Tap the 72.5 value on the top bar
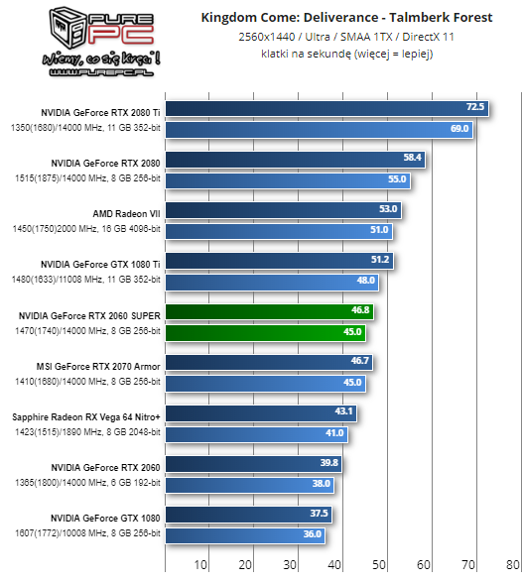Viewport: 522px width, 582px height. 474,107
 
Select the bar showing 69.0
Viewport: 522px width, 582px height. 318,128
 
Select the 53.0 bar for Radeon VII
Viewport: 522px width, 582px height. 282,209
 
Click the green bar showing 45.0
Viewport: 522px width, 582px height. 264,332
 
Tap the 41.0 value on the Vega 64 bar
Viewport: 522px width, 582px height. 334,433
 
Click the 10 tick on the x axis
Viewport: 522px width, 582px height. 200,565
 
